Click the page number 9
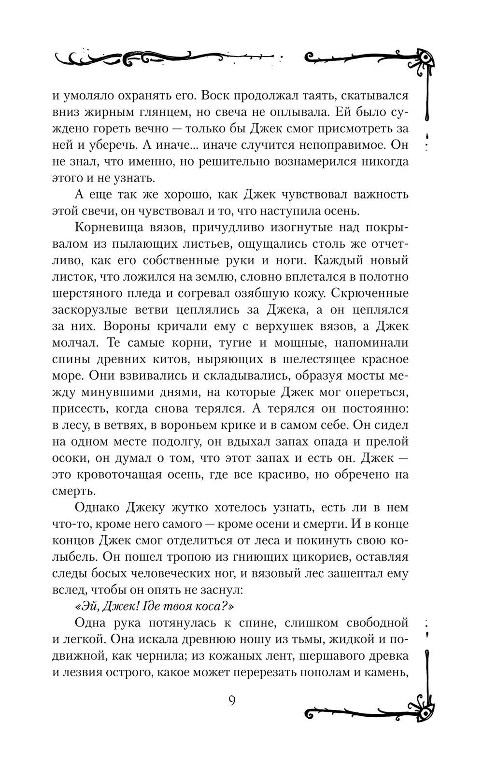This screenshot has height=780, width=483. click(232, 700)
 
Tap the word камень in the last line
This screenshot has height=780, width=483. click(388, 672)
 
